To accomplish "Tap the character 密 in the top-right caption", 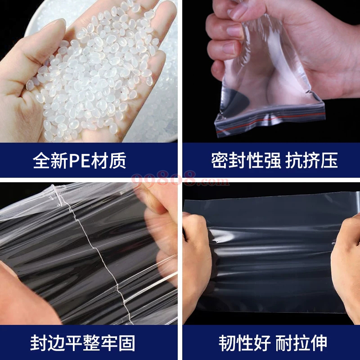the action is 220,160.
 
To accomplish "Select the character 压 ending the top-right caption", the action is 329,160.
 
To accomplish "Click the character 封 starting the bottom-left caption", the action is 39,343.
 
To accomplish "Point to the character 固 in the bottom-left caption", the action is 126,343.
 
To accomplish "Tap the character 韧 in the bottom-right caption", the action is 227,343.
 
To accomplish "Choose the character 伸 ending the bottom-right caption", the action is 319,343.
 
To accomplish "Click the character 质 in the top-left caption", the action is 117,160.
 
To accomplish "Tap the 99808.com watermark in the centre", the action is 180,179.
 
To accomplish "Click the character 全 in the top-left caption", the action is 41,160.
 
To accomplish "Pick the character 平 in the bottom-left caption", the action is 74,343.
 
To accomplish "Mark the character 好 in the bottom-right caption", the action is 262,343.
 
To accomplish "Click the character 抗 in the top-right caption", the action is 294,160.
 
